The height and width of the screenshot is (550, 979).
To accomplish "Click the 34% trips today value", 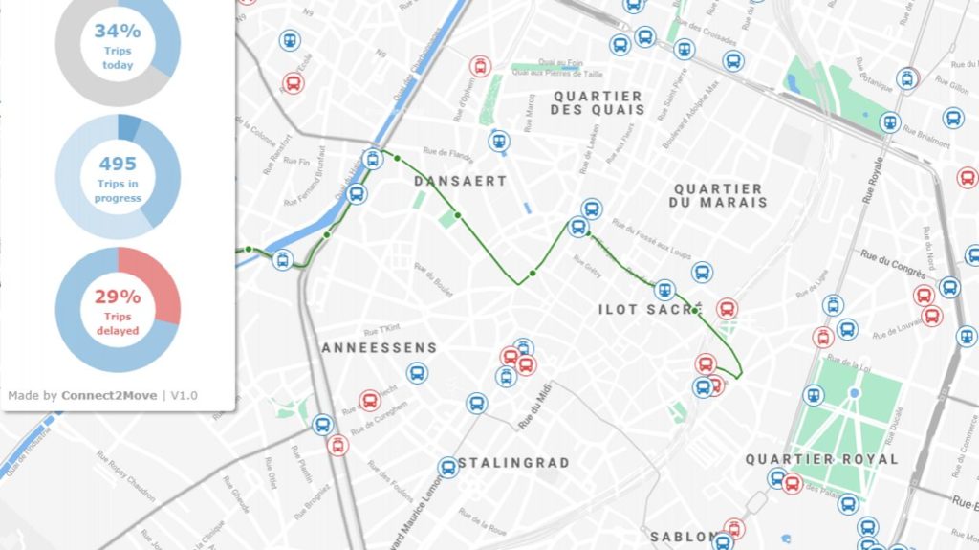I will point(117,31).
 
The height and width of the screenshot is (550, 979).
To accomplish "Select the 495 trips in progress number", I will point(117,164).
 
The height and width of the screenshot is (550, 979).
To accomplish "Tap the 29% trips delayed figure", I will point(117,297).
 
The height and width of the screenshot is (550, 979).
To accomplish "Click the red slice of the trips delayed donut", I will point(153,281).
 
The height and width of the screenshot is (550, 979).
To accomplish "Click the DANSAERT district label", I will point(460,181).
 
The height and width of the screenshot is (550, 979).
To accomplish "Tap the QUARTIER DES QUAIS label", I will point(598,102).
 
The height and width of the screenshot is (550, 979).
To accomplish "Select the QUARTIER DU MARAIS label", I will point(717,196).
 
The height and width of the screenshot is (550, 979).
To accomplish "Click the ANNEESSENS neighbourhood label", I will point(379,348).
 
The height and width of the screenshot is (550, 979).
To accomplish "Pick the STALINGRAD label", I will point(513,463).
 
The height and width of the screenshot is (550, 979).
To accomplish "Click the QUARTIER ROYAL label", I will point(821,459).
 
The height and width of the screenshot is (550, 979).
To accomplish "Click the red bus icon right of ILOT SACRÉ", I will point(727,309).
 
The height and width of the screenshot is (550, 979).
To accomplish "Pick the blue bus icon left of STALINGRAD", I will point(447,468).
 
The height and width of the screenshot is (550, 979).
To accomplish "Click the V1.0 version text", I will point(185,395).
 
